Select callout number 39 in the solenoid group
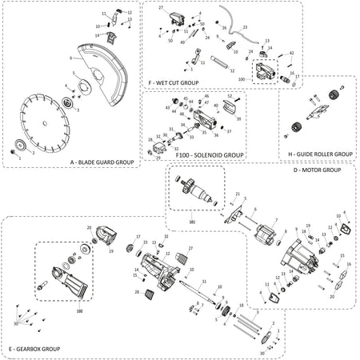point(239,118)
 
